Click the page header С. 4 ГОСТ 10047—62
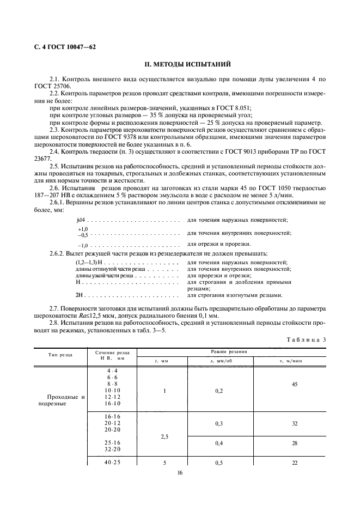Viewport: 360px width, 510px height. coord(62,47)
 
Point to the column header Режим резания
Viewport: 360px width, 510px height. coord(231,353)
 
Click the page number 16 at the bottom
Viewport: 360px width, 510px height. coord(180,473)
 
